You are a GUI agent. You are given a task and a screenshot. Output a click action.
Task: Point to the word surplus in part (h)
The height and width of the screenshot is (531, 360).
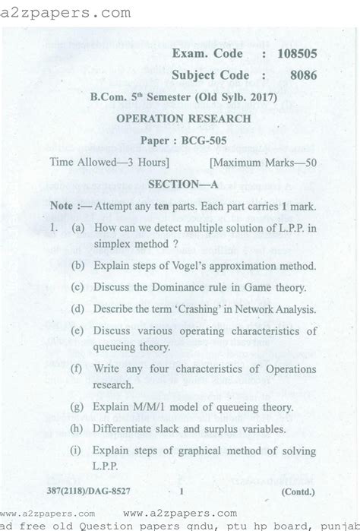click(x=229, y=429)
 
